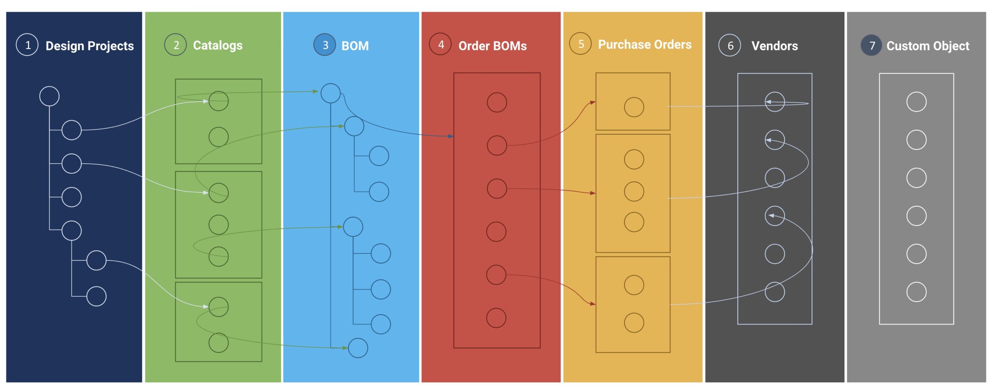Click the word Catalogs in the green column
pyautogui.click(x=218, y=45)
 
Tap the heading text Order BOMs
pyautogui.click(x=493, y=46)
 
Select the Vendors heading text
pyautogui.click(x=775, y=46)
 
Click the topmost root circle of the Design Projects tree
pyautogui.click(x=49, y=86)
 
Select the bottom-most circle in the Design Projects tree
pyautogui.click(x=96, y=286)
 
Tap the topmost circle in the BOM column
pyautogui.click(x=330, y=84)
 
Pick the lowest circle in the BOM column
pyautogui.click(x=358, y=338)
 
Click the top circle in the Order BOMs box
pyautogui.click(x=497, y=93)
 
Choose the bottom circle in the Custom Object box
pyautogui.click(x=916, y=282)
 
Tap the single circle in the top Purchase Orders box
pyautogui.click(x=634, y=97)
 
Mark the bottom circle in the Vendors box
pyautogui.click(x=775, y=282)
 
